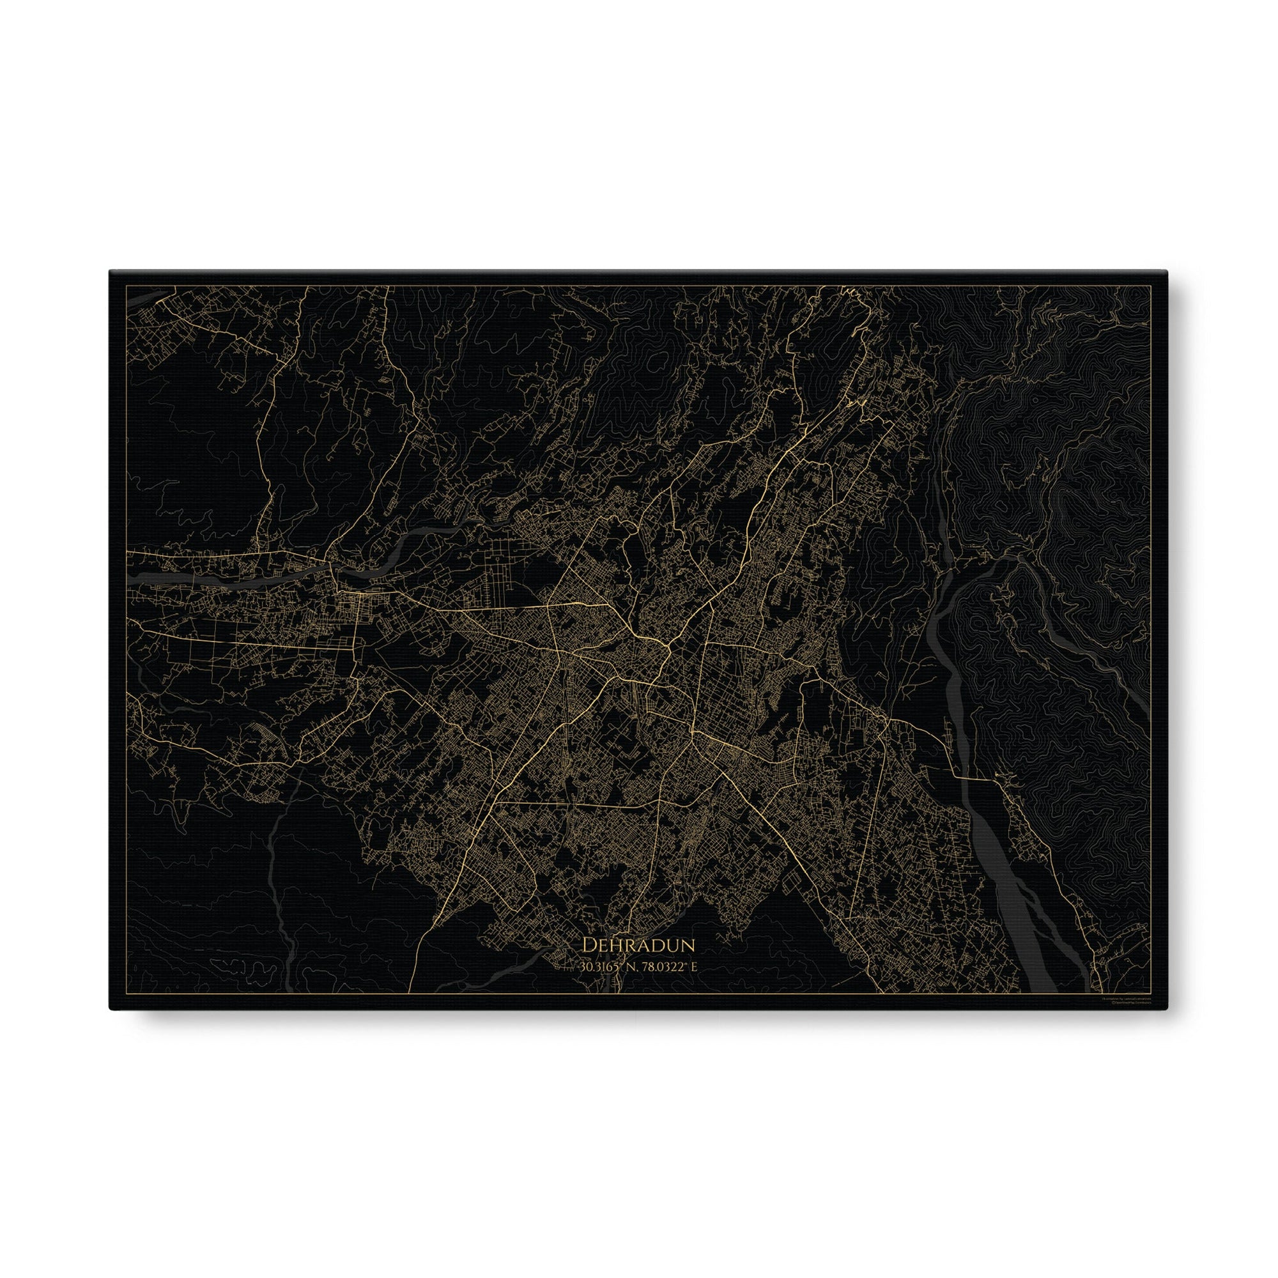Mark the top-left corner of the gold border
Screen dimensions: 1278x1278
point(126,286)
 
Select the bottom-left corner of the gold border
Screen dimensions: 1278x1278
point(126,1012)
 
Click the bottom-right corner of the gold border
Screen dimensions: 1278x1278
point(1151,1012)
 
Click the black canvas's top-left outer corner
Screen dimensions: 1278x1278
point(110,270)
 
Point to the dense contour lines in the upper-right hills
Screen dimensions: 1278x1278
point(1058,463)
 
